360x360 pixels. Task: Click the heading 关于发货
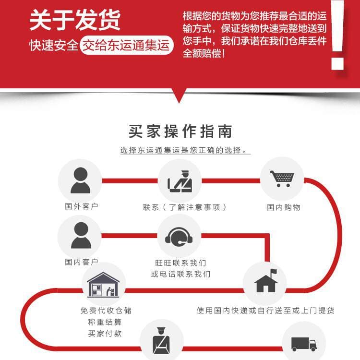tap(75, 20)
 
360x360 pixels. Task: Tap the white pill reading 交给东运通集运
tap(126, 45)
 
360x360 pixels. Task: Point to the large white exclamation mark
tap(337, 35)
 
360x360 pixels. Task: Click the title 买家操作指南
tap(180, 132)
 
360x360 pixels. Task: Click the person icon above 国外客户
tap(80, 180)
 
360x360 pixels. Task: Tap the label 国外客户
tap(82, 206)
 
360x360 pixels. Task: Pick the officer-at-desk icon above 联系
tap(180, 181)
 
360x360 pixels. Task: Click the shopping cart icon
tap(282, 179)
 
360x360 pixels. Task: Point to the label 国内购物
tap(284, 207)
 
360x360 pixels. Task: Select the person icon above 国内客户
tap(81, 235)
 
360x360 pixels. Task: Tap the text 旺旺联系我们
tap(180, 263)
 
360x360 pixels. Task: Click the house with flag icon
tap(265, 281)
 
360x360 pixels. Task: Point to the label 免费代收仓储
tap(106, 311)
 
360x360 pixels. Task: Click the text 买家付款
tap(105, 334)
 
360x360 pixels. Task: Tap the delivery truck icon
tap(304, 344)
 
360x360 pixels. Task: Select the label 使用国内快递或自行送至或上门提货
tap(265, 311)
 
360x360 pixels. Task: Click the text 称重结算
tap(105, 322)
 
